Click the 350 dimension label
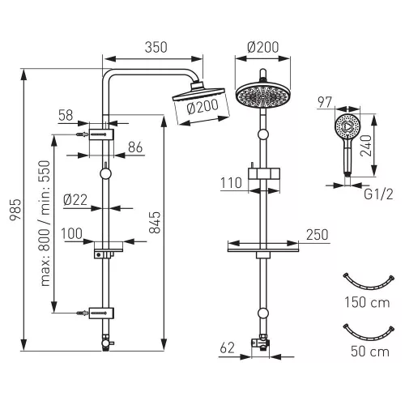tap(156, 47)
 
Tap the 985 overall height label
tap(15, 210)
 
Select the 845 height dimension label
tap(155, 222)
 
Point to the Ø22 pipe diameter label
tap(75, 200)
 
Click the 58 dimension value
tap(66, 115)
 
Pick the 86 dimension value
tap(135, 147)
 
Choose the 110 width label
tap(231, 183)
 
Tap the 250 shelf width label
tap(318, 235)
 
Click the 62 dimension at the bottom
tap(228, 347)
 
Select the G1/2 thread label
tap(378, 194)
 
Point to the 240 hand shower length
tap(366, 146)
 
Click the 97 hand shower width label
tap(324, 102)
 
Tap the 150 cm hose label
tap(367, 302)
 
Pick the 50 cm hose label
tap(370, 352)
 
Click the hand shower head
tap(347, 126)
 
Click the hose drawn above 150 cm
tap(369, 288)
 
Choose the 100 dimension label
tap(71, 233)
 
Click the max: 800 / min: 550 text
tap(45, 224)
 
